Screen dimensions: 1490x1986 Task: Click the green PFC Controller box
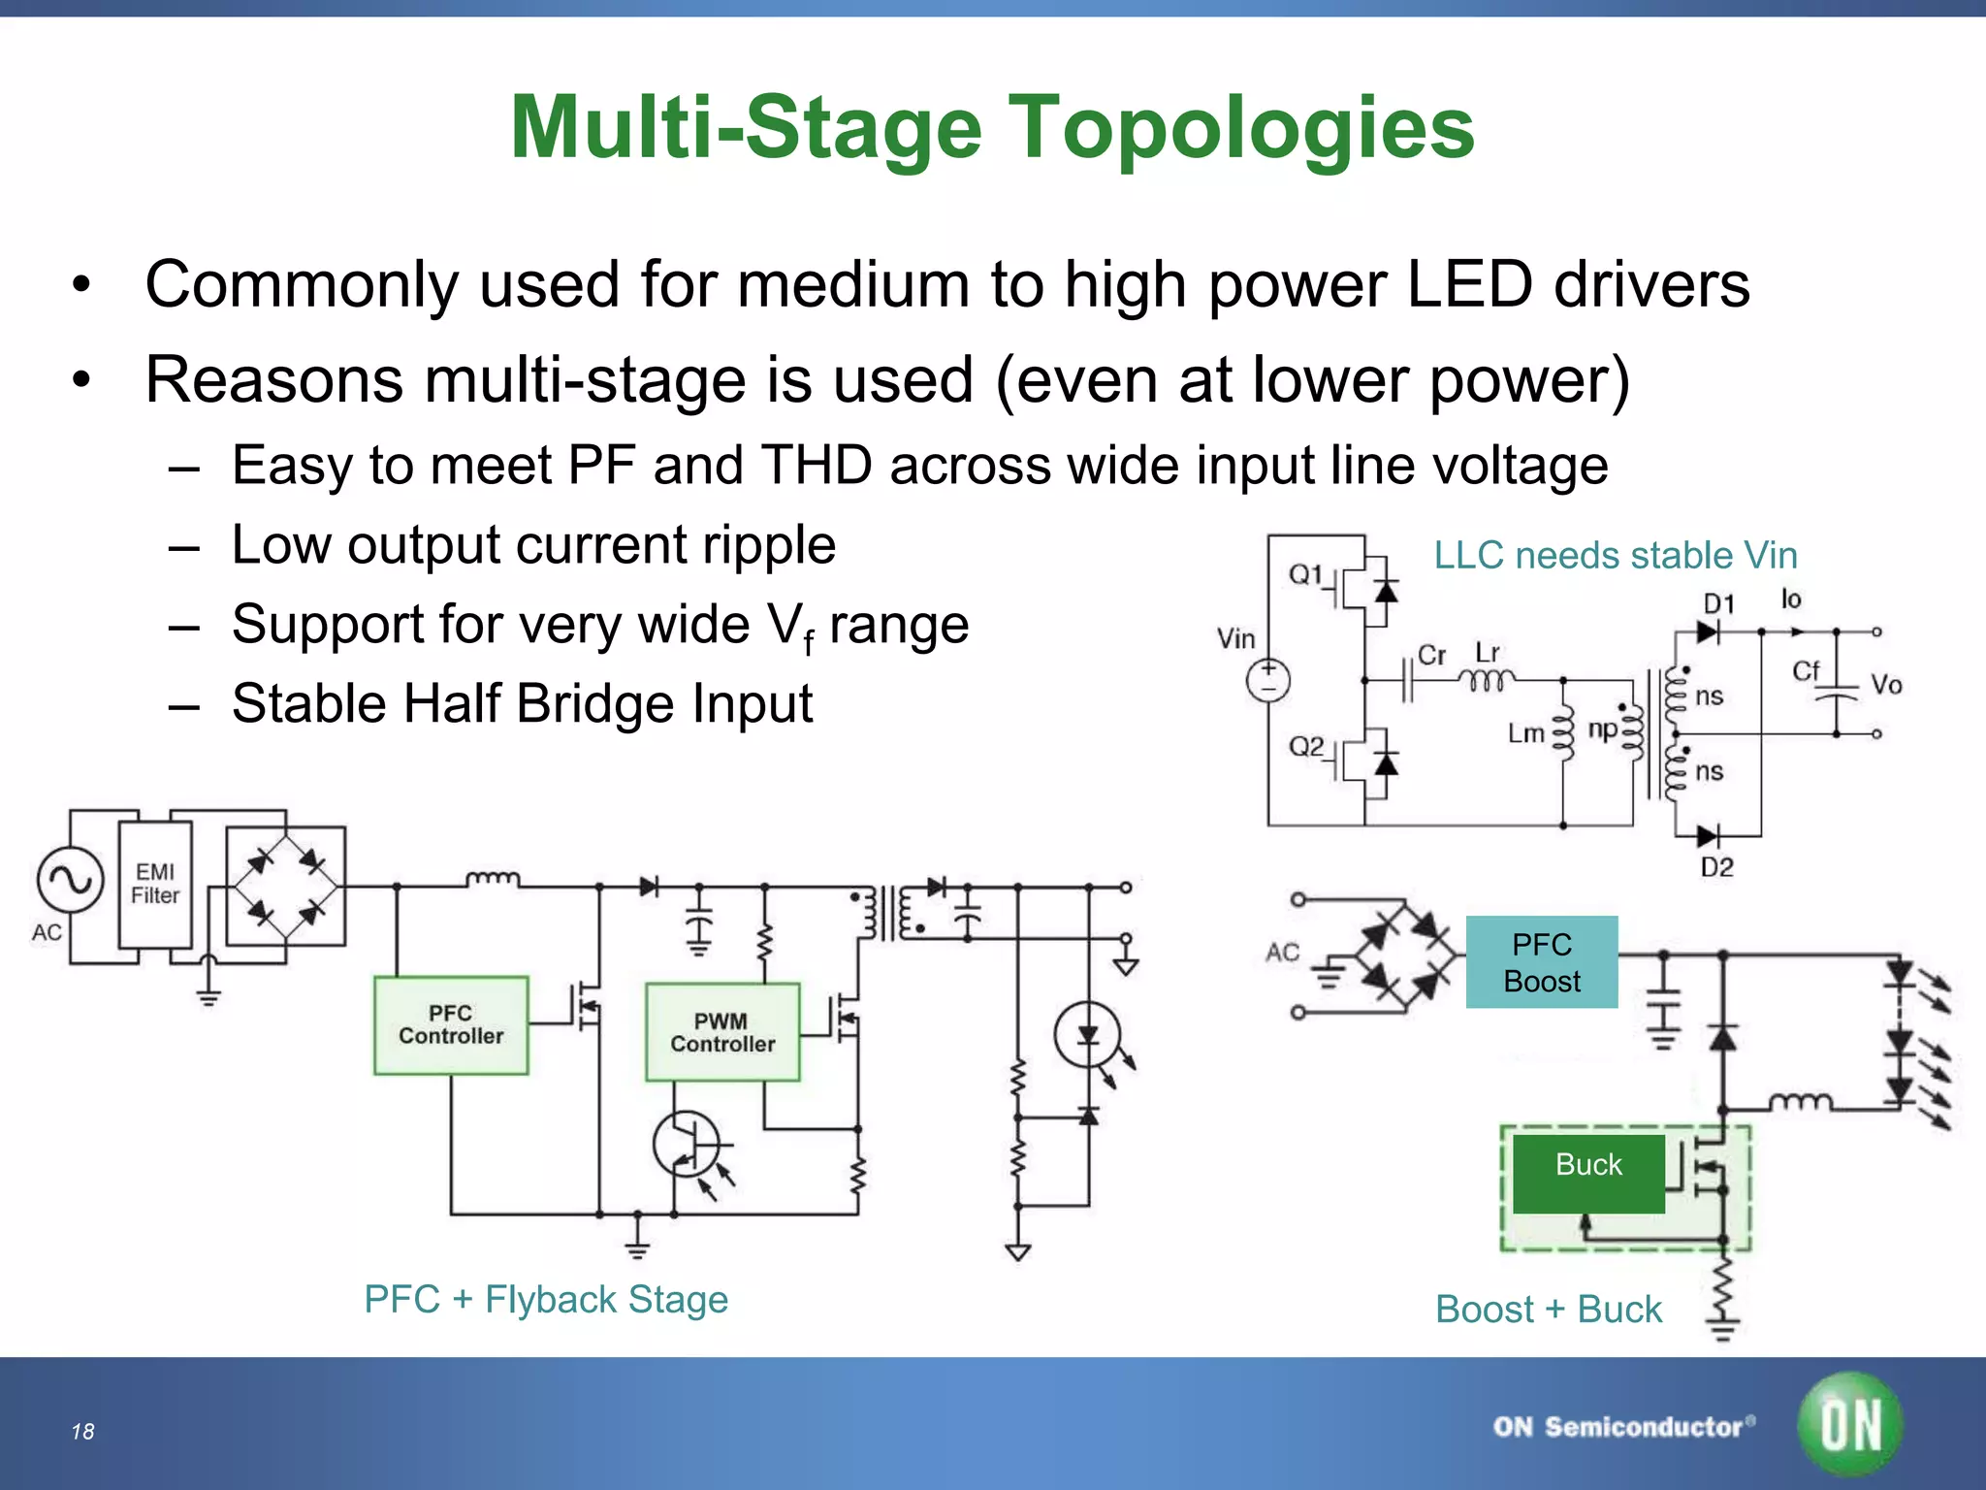click(x=451, y=1025)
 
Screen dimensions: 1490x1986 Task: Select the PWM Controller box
click(x=722, y=1032)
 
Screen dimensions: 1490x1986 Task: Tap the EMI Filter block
click(x=155, y=884)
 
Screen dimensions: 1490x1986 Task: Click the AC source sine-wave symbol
click(x=70, y=880)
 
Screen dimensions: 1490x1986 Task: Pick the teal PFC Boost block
click(x=1542, y=962)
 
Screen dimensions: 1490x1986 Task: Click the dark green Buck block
click(x=1588, y=1172)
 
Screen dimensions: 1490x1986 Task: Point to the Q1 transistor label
click(x=1305, y=575)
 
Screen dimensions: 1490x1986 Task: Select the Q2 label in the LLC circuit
click(x=1305, y=747)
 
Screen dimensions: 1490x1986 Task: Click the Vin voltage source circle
click(x=1268, y=680)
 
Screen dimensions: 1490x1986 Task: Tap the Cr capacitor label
click(x=1431, y=655)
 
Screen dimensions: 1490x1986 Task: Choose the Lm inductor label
click(x=1525, y=733)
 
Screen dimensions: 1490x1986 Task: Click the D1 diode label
click(x=1718, y=603)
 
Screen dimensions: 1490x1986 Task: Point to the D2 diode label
click(x=1716, y=867)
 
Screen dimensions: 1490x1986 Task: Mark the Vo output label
click(x=1886, y=685)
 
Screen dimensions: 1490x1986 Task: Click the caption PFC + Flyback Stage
click(x=546, y=1299)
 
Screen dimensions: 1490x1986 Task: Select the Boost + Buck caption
click(x=1549, y=1309)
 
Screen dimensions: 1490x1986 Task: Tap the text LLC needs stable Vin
click(x=1616, y=555)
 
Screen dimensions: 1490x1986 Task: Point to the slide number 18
click(x=82, y=1431)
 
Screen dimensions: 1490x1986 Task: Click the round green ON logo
click(x=1850, y=1424)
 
